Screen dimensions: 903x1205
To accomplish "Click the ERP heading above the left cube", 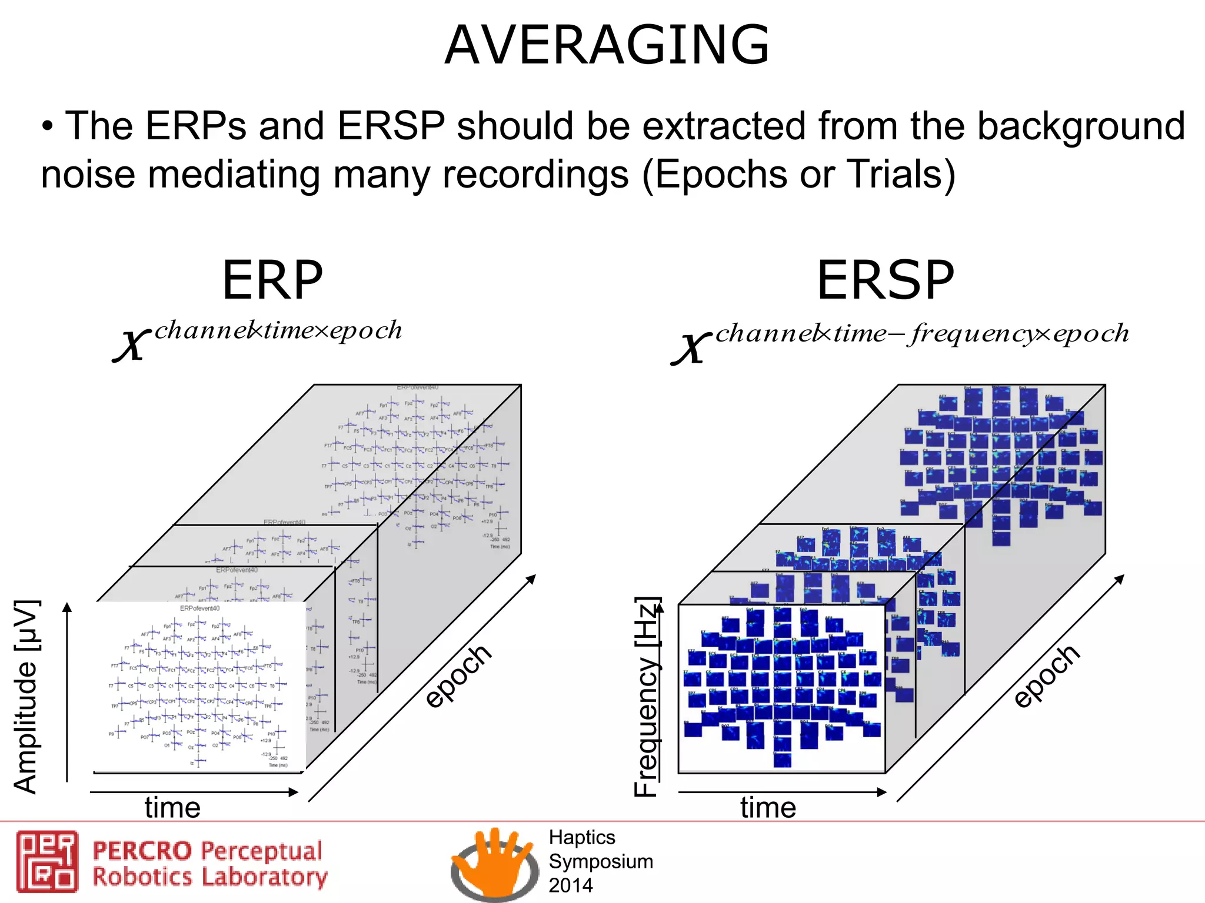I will point(272,280).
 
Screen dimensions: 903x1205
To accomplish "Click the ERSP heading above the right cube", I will point(885,280).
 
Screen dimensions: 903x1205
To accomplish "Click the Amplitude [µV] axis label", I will point(26,696).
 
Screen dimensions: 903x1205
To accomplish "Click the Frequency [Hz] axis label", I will point(646,696).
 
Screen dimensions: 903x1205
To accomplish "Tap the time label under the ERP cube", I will point(172,807).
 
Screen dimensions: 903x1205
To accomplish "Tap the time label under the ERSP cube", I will point(768,807).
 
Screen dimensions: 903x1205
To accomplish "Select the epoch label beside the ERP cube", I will point(458,675).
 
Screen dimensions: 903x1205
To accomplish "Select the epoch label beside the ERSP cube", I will point(1046,675).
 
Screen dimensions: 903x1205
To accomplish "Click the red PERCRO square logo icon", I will point(47,861).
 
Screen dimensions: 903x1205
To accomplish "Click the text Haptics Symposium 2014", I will point(600,861).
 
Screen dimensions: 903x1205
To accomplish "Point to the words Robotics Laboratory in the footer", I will point(209,877).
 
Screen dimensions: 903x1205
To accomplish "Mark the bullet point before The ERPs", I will point(48,127).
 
